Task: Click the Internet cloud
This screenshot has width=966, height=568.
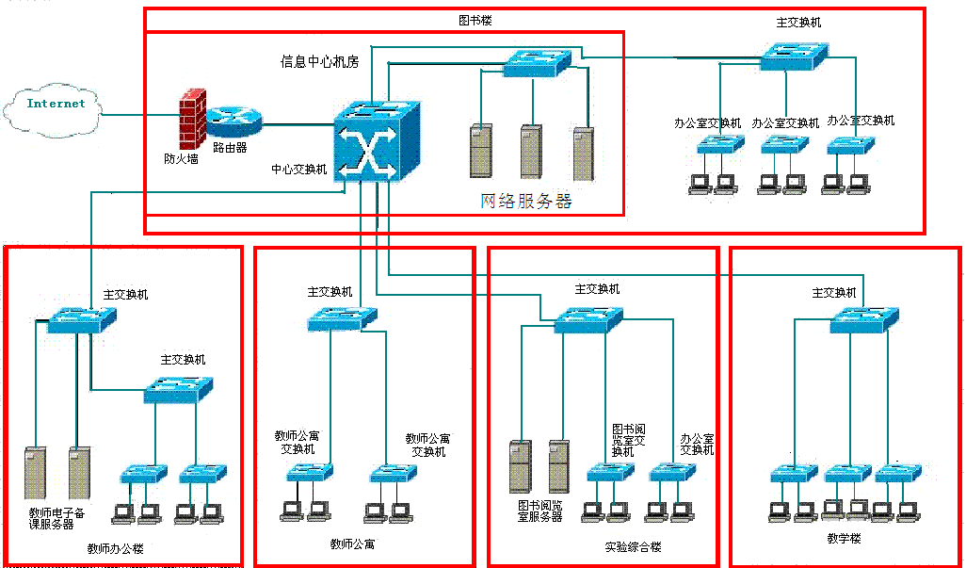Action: coord(55,107)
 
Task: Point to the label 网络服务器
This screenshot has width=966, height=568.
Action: coord(526,201)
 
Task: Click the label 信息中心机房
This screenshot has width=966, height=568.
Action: coord(319,62)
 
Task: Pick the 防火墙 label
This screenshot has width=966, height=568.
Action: coord(181,159)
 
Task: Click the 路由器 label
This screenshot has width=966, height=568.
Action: coord(230,147)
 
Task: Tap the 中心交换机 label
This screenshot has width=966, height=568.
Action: coord(299,170)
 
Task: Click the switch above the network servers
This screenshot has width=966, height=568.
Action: coord(537,63)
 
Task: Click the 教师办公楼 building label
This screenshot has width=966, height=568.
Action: coord(115,549)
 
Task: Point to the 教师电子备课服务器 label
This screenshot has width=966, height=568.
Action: coord(57,518)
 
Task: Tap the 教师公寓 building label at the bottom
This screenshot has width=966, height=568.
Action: coord(353,544)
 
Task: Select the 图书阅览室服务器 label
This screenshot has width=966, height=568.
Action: coord(540,511)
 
